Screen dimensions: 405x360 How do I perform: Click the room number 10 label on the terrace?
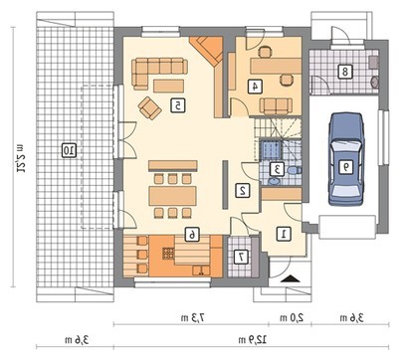point(70,150)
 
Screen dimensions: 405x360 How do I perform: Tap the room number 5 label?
point(178,105)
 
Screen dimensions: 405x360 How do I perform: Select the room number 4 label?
point(256,87)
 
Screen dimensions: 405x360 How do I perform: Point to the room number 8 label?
point(345,72)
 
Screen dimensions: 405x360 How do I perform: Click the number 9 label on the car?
point(346,167)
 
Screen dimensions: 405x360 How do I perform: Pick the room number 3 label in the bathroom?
point(277,169)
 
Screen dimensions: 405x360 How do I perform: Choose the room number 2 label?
point(243,191)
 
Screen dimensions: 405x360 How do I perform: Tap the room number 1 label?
point(284,234)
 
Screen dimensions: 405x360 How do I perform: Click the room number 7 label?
point(241,257)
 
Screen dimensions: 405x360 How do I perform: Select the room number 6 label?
point(191,235)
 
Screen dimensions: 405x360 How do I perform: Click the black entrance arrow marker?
point(291,278)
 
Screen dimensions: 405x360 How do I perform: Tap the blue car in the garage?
point(346,159)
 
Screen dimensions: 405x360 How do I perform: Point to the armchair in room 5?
point(150,108)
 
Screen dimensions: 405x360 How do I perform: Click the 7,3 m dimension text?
point(193,318)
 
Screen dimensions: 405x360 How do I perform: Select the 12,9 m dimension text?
point(253,339)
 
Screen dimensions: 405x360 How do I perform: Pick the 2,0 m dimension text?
point(292,318)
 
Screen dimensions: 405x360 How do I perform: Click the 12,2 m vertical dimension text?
point(19,158)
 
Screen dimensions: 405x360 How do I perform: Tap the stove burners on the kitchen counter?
point(168,254)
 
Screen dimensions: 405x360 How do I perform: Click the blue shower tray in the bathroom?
point(271,150)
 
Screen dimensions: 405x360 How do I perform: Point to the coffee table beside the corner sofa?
point(168,86)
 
